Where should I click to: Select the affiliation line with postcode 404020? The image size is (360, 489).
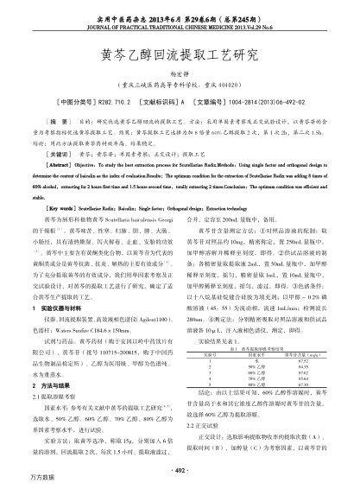(180, 86)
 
